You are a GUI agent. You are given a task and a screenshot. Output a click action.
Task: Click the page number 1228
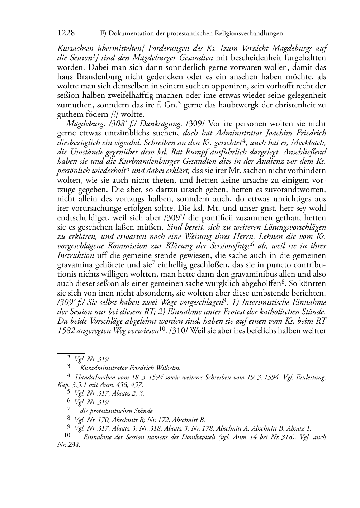pos(66,33)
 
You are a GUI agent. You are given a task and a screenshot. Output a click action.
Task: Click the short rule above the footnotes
pos(71,353)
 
